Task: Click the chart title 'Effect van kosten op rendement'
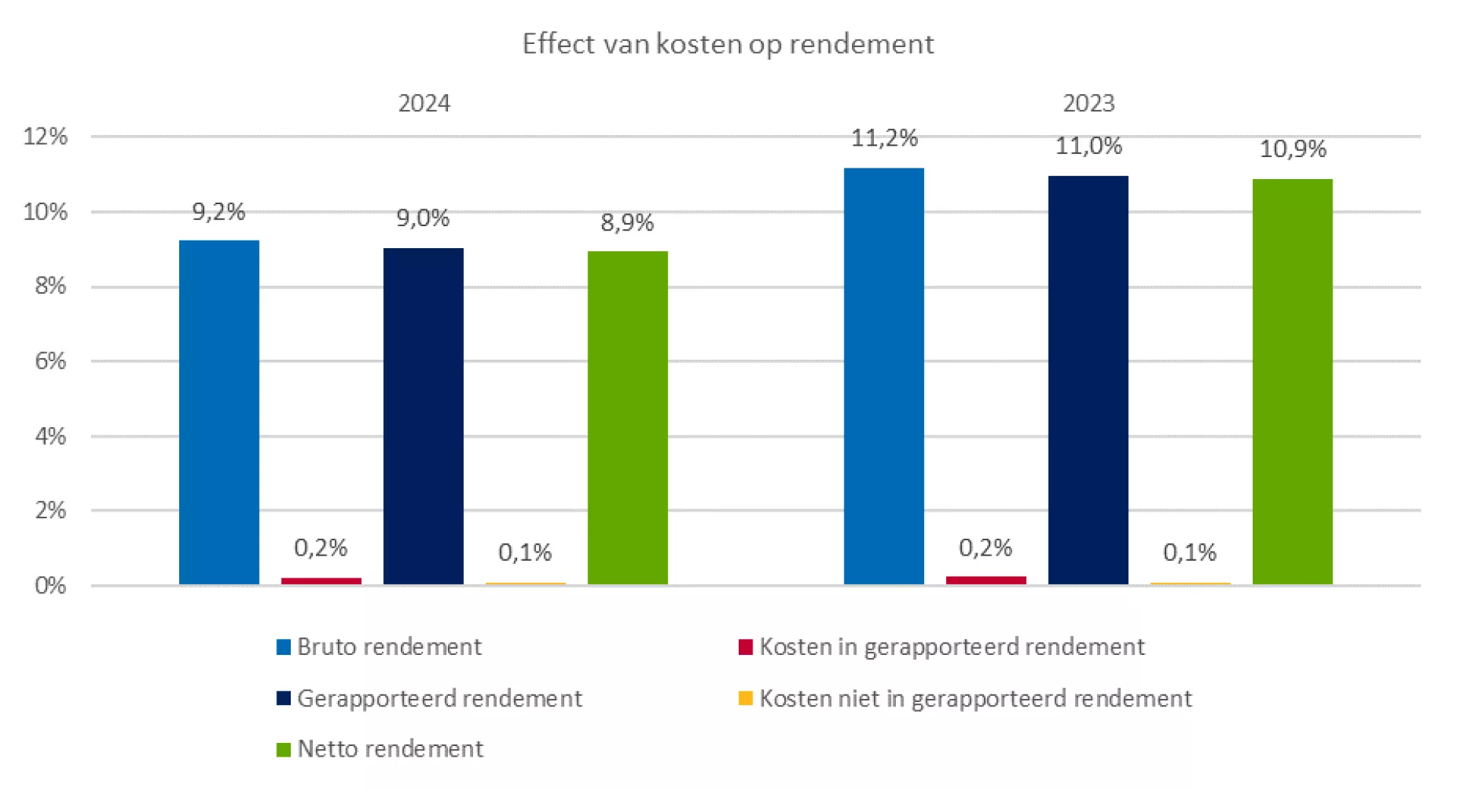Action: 727,44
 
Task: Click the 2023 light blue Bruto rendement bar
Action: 884,376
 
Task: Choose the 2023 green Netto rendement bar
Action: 1292,381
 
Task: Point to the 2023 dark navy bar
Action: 1088,379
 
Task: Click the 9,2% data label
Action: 219,212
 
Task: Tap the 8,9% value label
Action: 627,222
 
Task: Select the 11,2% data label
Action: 884,138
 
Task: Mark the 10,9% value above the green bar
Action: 1292,149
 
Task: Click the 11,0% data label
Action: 1088,146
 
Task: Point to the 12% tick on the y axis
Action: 46,137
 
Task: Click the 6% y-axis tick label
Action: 50,361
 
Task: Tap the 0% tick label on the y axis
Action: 50,586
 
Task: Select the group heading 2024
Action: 424,103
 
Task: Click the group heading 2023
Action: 1088,103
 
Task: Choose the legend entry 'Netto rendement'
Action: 389,749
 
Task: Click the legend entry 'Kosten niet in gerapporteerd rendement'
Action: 975,698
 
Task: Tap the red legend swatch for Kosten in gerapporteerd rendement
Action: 746,647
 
